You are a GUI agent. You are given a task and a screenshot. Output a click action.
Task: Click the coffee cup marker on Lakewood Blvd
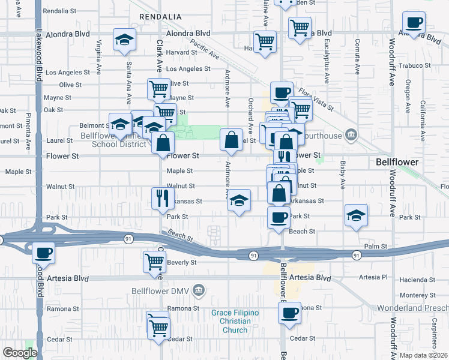(43, 253)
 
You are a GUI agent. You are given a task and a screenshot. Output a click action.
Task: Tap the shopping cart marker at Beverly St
(154, 261)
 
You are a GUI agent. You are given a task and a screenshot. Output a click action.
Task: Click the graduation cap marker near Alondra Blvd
(125, 39)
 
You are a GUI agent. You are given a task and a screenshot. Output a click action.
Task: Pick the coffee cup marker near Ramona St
(289, 312)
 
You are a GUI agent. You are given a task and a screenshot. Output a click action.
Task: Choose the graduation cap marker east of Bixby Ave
(356, 215)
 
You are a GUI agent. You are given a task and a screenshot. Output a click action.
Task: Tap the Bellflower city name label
(397, 163)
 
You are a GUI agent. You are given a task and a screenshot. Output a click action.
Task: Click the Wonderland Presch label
(412, 308)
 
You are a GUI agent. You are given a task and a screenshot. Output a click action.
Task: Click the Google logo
(20, 353)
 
